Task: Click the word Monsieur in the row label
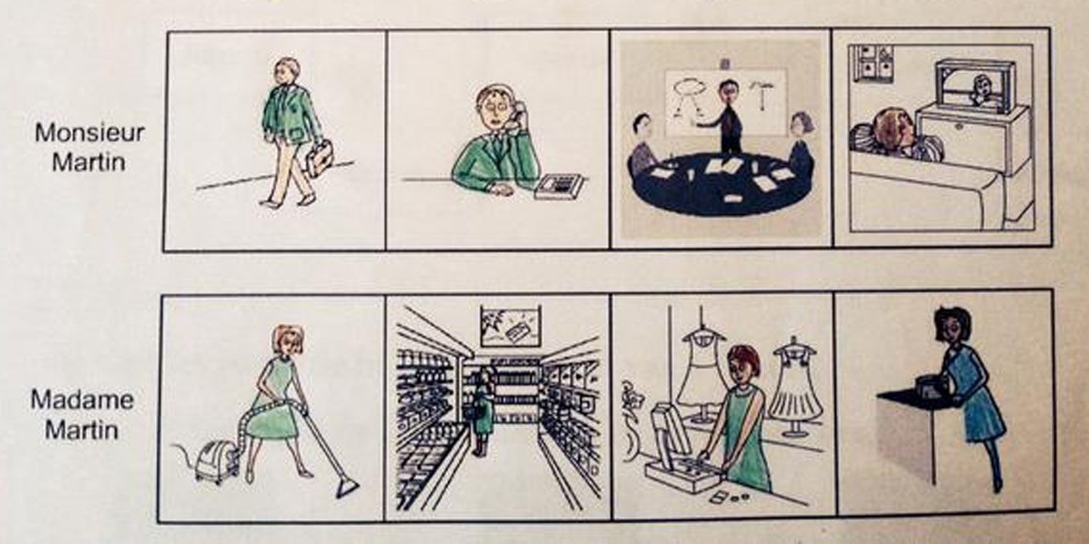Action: click(89, 133)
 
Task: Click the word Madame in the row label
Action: click(83, 399)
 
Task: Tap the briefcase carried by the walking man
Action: click(318, 158)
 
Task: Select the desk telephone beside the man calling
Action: click(558, 186)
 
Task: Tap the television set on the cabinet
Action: click(976, 87)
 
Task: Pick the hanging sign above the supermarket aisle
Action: click(510, 326)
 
